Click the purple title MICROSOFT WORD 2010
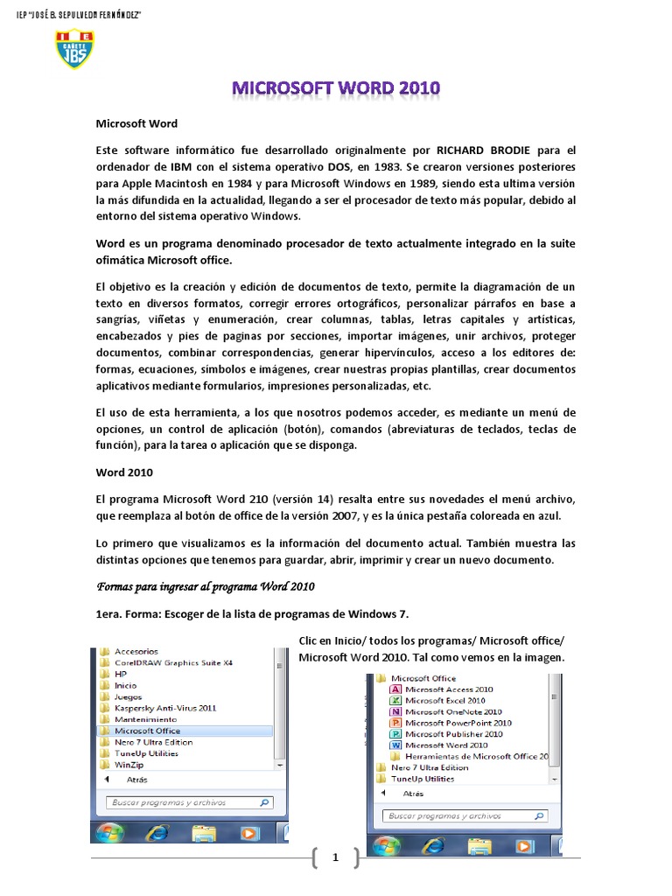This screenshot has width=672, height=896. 336,88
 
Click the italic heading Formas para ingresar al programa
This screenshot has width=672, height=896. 205,585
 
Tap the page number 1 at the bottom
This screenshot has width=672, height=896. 335,858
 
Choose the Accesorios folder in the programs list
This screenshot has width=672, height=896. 136,651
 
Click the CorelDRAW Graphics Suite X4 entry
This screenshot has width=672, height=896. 172,662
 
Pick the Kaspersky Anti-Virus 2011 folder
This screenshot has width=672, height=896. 164,708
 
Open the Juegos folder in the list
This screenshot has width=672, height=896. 128,696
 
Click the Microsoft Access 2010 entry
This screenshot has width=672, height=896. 448,689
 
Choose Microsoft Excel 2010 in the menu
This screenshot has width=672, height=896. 444,701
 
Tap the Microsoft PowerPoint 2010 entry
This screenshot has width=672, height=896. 458,724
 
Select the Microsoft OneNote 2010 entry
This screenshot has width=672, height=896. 452,712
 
